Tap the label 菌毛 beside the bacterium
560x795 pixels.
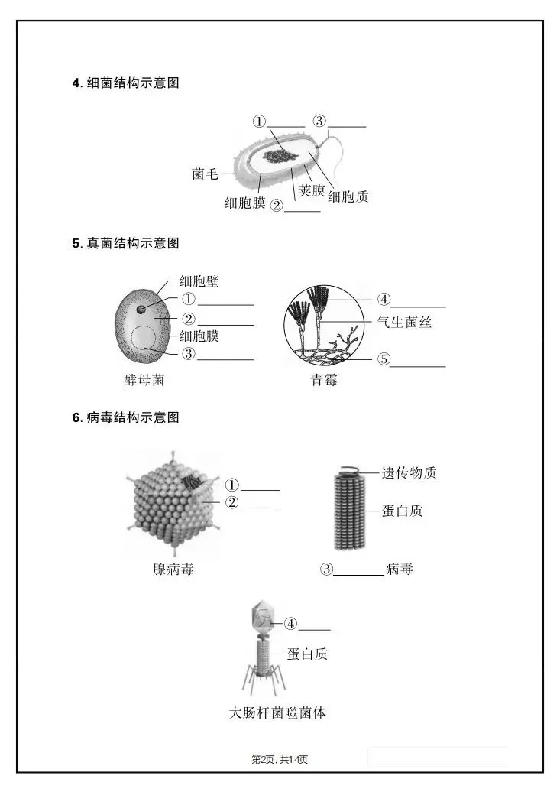205,174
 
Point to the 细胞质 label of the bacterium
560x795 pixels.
348,197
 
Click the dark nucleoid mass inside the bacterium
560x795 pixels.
282,156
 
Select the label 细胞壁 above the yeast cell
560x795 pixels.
199,281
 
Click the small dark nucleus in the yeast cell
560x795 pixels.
142,310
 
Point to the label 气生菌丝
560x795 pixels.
404,323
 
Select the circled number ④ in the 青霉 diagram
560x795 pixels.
384,300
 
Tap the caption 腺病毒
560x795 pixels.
173,569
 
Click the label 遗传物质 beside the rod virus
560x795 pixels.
409,473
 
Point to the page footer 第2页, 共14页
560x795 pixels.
280,759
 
